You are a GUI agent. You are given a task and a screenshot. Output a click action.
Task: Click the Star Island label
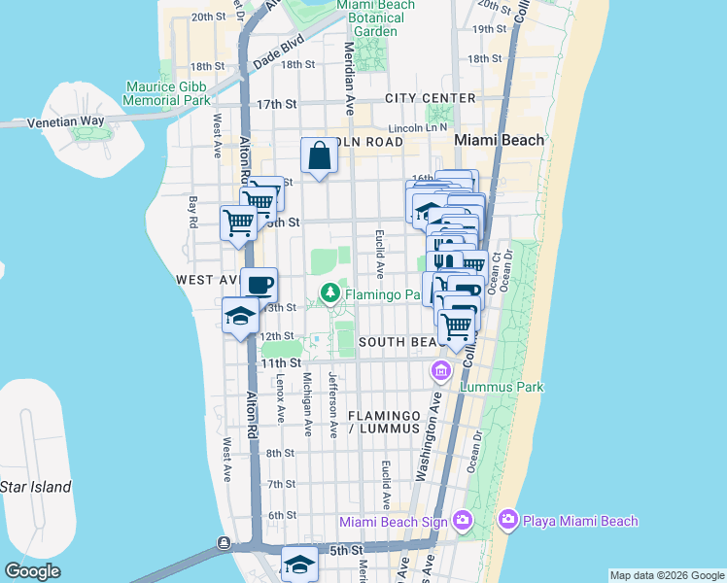pyautogui.click(x=35, y=486)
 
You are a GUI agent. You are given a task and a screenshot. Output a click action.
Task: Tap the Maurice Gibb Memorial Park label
pyautogui.click(x=168, y=92)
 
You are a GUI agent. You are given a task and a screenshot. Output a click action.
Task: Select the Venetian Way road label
pyautogui.click(x=64, y=121)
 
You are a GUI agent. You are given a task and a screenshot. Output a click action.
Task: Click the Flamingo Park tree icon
pyautogui.click(x=330, y=291)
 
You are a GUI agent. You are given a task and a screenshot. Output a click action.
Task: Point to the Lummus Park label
pyautogui.click(x=502, y=387)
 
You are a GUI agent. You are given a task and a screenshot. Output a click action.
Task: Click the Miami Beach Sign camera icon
pyautogui.click(x=462, y=521)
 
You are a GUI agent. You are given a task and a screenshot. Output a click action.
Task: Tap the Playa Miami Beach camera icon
pyautogui.click(x=507, y=521)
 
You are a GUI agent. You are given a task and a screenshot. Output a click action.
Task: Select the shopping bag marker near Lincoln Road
pyautogui.click(x=320, y=154)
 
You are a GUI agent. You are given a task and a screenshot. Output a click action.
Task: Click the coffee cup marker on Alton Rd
pyautogui.click(x=259, y=285)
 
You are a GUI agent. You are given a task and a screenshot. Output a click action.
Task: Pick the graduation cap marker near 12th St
pyautogui.click(x=240, y=316)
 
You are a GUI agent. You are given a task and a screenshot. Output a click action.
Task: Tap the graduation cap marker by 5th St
pyautogui.click(x=300, y=564)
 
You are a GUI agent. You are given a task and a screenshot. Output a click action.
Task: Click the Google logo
pyautogui.click(x=32, y=571)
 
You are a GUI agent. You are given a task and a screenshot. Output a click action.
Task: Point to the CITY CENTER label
pyautogui.click(x=430, y=98)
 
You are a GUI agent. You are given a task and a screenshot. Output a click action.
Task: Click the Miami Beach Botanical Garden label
pyautogui.click(x=375, y=17)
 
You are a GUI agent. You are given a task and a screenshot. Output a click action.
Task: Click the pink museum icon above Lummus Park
pyautogui.click(x=441, y=370)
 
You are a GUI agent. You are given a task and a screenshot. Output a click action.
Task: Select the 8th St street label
pyautogui.click(x=280, y=453)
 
